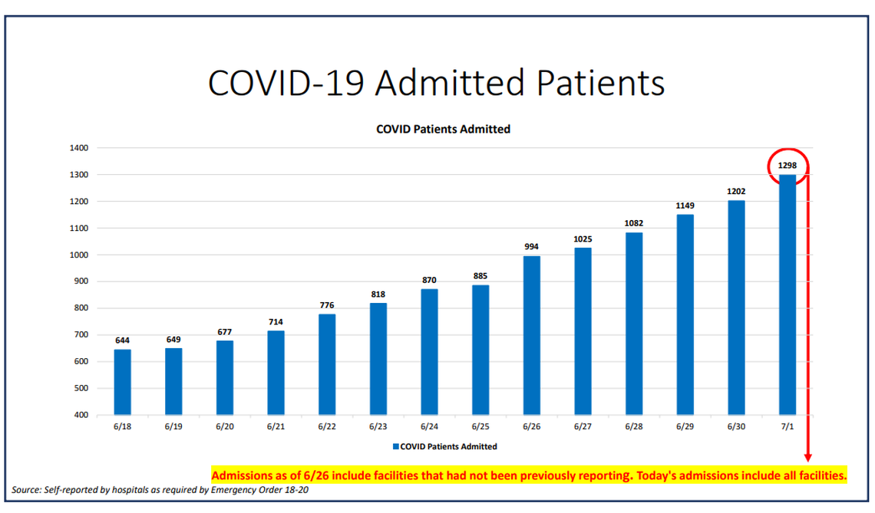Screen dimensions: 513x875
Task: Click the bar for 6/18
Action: click(122, 382)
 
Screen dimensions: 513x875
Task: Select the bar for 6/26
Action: click(531, 335)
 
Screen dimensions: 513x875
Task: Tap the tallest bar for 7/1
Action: click(787, 295)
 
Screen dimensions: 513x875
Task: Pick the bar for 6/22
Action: click(327, 364)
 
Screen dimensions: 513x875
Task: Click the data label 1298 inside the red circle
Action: click(787, 165)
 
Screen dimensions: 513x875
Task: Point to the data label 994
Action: click(531, 246)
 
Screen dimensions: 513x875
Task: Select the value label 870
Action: click(429, 280)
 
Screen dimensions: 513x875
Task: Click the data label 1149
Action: click(685, 206)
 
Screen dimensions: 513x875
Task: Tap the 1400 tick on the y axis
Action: click(80, 148)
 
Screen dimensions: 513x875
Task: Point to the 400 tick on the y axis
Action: click(82, 415)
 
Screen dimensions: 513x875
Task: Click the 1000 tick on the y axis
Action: click(80, 255)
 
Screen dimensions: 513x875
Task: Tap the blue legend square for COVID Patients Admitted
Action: click(396, 446)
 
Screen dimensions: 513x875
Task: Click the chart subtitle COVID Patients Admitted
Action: click(443, 129)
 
